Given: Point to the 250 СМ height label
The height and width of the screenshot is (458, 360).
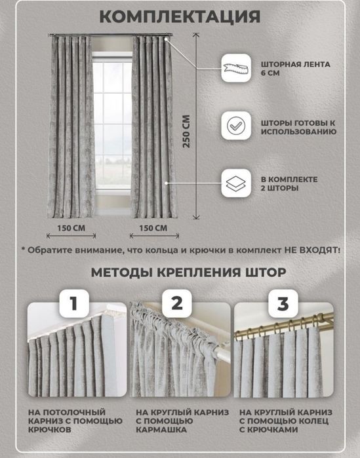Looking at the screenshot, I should click(186, 132).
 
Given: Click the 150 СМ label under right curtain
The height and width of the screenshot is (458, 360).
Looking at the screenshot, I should click(153, 228).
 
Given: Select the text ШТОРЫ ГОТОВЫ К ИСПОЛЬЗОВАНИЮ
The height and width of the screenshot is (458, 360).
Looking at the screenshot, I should click(298, 126).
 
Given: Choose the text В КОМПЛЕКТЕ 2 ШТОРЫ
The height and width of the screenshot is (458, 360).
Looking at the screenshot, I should click(289, 183).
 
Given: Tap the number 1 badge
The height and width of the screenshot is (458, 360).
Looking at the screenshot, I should click(75, 304).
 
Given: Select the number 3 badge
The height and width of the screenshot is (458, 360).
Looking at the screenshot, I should click(282, 304).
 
